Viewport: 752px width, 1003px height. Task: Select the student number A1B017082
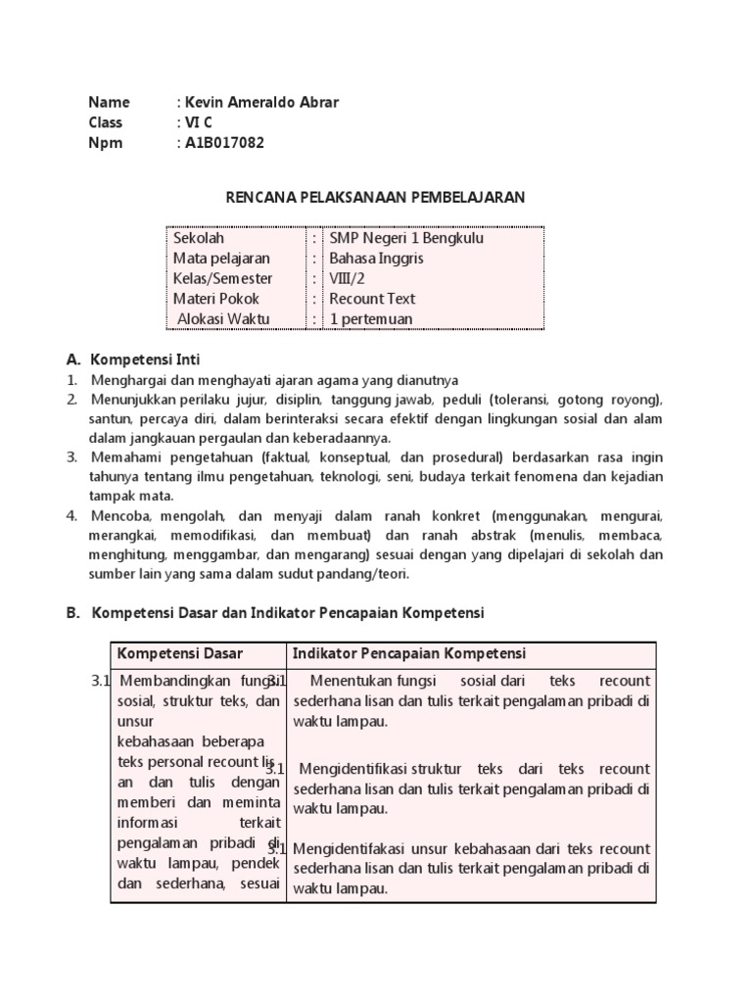point(224,142)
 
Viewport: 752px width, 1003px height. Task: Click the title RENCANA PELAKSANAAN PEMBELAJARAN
point(376,197)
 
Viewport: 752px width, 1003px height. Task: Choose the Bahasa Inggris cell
point(370,259)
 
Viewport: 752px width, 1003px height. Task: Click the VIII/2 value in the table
point(344,279)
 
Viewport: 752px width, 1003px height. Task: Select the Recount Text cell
point(372,299)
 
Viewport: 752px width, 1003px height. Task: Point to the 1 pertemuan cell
point(371,319)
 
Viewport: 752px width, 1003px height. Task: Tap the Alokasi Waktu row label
point(223,319)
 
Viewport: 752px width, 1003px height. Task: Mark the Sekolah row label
point(199,238)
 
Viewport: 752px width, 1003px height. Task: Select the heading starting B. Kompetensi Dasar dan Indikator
point(275,612)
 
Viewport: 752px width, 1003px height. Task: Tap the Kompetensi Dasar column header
point(180,653)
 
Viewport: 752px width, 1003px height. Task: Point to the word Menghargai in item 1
point(127,380)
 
